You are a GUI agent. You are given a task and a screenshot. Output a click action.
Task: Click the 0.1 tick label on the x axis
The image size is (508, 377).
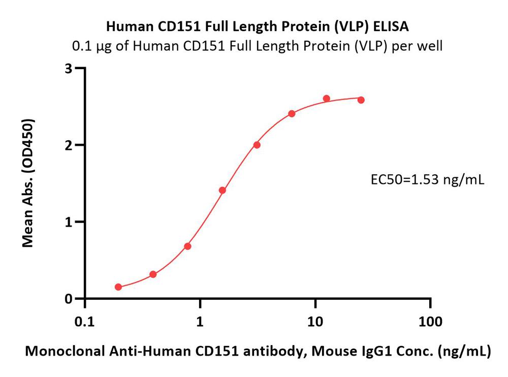(84, 322)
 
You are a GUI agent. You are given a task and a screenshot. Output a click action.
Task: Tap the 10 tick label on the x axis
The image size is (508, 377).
(315, 322)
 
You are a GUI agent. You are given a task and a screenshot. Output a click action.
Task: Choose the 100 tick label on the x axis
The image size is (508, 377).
(431, 322)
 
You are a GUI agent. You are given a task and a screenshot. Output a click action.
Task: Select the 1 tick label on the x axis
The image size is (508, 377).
(200, 322)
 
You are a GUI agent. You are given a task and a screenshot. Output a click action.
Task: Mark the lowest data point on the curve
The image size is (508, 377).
(118, 287)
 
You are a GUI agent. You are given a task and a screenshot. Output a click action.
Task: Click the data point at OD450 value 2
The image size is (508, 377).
(257, 145)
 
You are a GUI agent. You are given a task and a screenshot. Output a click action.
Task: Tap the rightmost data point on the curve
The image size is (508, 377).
(361, 100)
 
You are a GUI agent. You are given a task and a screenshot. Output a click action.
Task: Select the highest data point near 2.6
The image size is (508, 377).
(326, 99)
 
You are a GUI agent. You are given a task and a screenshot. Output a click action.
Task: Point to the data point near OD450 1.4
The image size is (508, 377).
(222, 191)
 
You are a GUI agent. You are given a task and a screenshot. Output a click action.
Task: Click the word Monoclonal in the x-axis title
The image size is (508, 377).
(56, 351)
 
